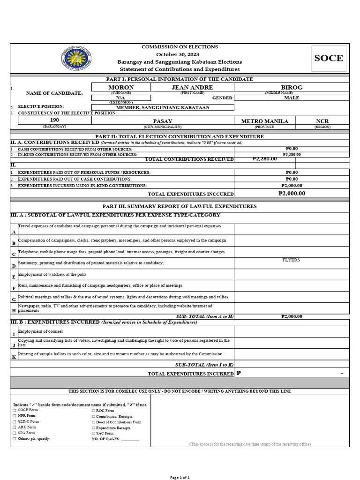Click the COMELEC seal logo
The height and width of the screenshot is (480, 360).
pyautogui.click(x=76, y=59)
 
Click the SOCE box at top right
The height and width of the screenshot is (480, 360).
pyautogui.click(x=329, y=58)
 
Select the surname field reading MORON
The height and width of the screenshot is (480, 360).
pyautogui.click(x=121, y=88)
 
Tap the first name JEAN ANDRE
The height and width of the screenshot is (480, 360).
pyautogui.click(x=192, y=88)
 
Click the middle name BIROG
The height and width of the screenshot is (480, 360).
pyautogui.click(x=292, y=88)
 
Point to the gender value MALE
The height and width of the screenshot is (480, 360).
pyautogui.click(x=292, y=98)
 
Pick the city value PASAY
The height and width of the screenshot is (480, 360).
pyautogui.click(x=163, y=121)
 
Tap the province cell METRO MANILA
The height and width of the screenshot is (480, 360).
pyautogui.click(x=264, y=121)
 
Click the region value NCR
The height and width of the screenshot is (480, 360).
pyautogui.click(x=322, y=121)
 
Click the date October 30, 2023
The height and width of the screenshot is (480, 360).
pyautogui.click(x=180, y=54)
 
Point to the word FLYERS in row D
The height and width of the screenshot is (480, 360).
pyautogui.click(x=291, y=260)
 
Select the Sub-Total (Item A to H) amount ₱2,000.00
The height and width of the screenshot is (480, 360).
pyautogui.click(x=292, y=316)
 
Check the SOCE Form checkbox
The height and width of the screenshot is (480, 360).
pyautogui.click(x=15, y=410)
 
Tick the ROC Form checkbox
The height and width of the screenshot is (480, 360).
pyautogui.click(x=93, y=411)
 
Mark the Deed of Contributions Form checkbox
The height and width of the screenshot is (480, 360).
pyautogui.click(x=93, y=422)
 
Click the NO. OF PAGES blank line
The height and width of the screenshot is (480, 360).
pyautogui.click(x=130, y=439)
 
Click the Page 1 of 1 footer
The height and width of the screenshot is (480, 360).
pyautogui.click(x=180, y=477)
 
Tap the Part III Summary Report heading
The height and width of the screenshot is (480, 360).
pyautogui.click(x=180, y=206)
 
